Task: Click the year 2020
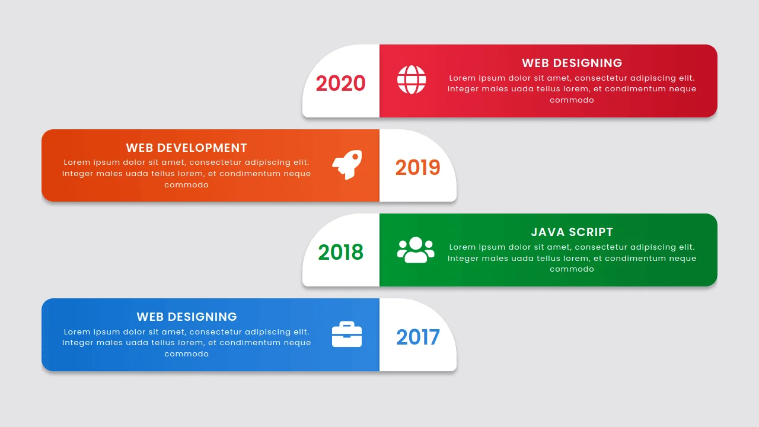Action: [340, 84]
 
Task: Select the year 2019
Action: [417, 168]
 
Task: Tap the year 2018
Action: [340, 253]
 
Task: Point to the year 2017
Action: [417, 337]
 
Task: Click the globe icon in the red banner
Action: [412, 80]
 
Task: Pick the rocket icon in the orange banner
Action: [347, 164]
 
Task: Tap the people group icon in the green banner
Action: [416, 250]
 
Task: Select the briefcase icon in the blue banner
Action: [347, 334]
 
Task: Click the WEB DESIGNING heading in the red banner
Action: [572, 63]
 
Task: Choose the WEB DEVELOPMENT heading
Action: [186, 148]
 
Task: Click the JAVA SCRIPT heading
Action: [572, 232]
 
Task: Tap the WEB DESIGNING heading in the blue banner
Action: [186, 317]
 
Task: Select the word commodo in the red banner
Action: [572, 100]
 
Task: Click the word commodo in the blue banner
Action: [186, 354]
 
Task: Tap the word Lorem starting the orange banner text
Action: [76, 162]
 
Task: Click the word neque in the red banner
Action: [683, 89]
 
